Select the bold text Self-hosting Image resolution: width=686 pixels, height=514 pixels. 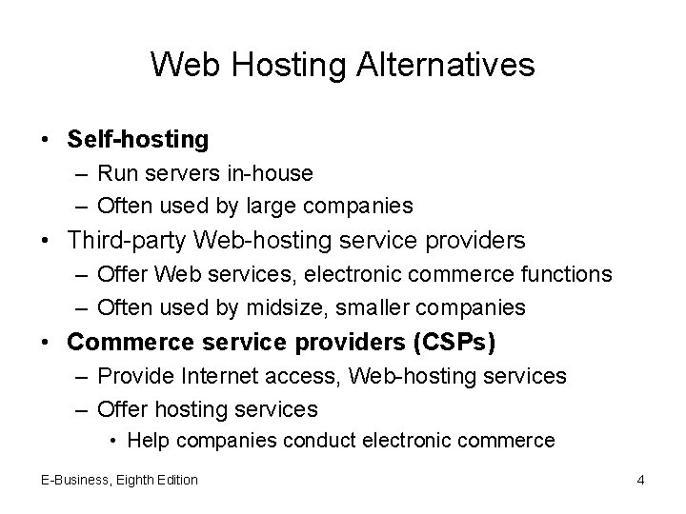point(138,139)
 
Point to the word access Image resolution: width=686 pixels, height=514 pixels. point(299,376)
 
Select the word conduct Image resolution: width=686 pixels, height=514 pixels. point(315,440)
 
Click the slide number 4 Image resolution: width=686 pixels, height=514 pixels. point(640,480)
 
